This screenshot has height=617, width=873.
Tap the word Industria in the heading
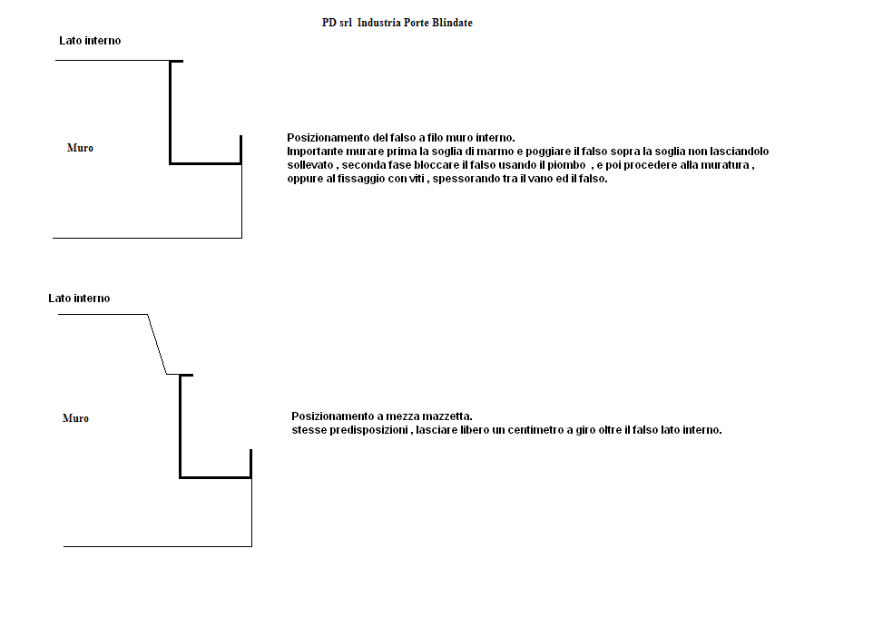[x=379, y=23]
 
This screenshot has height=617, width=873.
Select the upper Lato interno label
[x=90, y=41]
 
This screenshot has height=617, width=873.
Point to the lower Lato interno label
[x=79, y=299]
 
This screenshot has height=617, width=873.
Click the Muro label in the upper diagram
[x=80, y=148]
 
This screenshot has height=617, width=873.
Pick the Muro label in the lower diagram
[x=75, y=418]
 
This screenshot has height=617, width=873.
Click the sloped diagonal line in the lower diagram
[x=157, y=344]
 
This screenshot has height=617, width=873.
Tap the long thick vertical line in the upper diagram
[x=171, y=113]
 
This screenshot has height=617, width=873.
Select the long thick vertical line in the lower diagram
[x=181, y=426]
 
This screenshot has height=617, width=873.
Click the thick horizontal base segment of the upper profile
[x=205, y=163]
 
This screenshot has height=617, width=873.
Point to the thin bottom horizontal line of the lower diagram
[x=158, y=546]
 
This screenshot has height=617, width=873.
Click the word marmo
[x=495, y=152]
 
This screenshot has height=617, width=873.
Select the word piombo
[x=566, y=165]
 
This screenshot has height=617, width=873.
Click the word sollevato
[x=310, y=165]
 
